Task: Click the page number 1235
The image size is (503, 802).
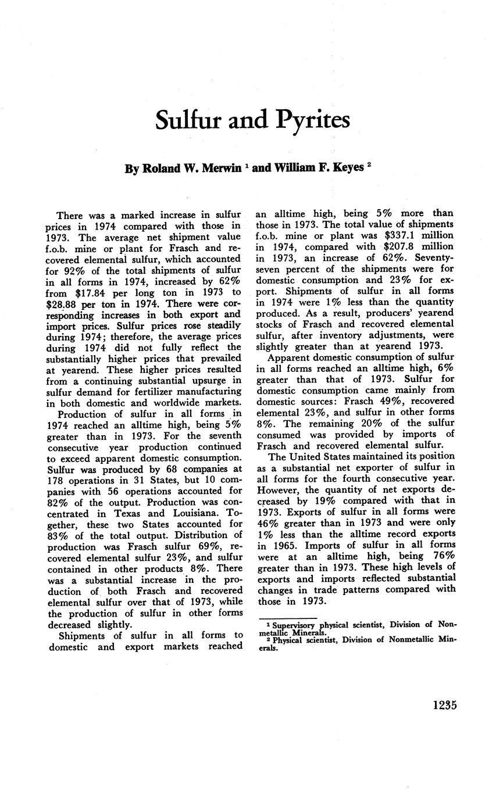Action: pyautogui.click(x=444, y=706)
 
